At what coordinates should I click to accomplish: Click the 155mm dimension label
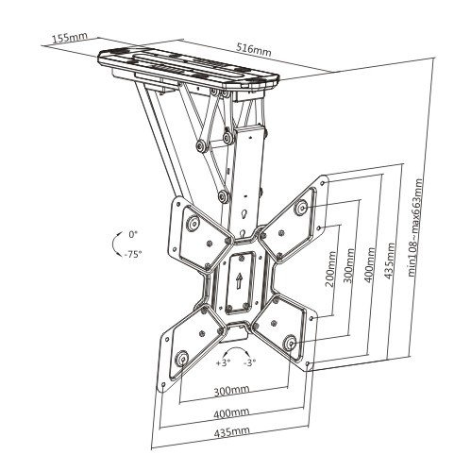tap(70, 37)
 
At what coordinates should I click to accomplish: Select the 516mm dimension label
tap(253, 50)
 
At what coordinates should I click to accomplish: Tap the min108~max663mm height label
tap(415, 227)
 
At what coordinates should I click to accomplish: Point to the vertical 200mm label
tap(330, 268)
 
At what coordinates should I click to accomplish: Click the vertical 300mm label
tap(349, 265)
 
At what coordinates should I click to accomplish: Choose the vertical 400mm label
tap(370, 264)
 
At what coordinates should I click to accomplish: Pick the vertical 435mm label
tap(390, 261)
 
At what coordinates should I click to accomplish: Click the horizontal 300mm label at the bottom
tap(231, 391)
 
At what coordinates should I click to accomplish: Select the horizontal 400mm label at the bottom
tap(231, 412)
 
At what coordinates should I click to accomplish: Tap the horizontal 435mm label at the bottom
tap(231, 432)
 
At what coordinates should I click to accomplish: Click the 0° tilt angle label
tap(133, 234)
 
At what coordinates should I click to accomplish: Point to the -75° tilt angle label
tap(132, 254)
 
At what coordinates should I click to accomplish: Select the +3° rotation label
tap(223, 362)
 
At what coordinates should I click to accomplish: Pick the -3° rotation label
tap(250, 362)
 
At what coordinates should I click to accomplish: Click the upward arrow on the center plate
tap(239, 280)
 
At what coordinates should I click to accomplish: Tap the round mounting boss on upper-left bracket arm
tap(193, 224)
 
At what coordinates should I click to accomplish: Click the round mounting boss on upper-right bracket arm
tap(301, 207)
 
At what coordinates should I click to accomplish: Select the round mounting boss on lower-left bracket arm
tap(182, 359)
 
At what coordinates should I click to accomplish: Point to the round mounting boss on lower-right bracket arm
tap(290, 342)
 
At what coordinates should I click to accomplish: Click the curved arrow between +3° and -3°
tap(237, 348)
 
